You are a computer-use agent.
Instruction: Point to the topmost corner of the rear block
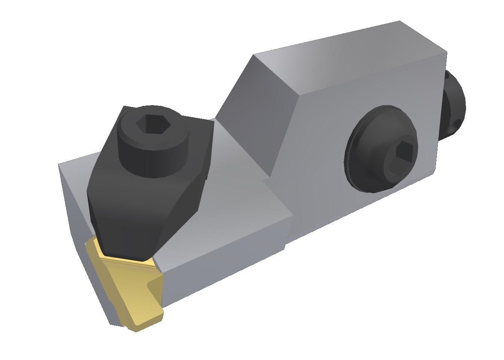click(400, 21)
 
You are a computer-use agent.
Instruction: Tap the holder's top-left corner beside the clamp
click(60, 165)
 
